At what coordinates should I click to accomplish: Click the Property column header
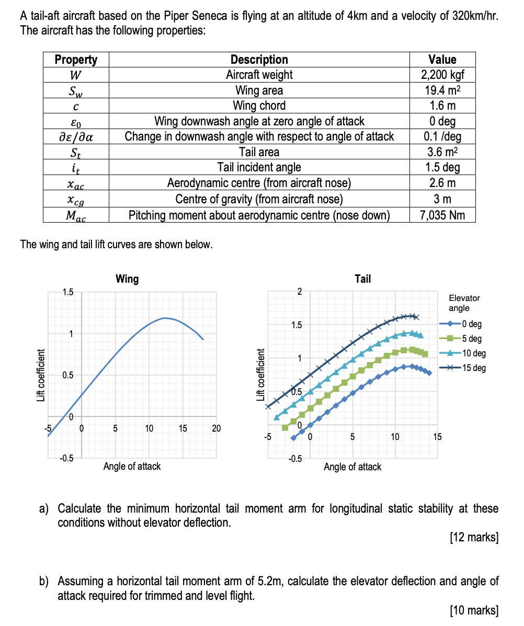point(76,60)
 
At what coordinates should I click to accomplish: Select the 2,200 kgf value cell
point(442,74)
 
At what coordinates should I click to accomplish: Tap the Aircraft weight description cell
point(259,74)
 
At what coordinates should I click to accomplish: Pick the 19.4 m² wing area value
point(442,90)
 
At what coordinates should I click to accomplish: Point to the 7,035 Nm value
point(442,215)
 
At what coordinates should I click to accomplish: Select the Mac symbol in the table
point(76,215)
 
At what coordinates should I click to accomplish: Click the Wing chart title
point(127,279)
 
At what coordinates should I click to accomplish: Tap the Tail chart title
point(362,279)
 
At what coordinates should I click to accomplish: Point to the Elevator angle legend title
point(464,303)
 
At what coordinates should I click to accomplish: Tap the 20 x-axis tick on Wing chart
point(217,428)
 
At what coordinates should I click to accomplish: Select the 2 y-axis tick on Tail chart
point(299,292)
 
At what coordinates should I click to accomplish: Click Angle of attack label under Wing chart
point(132,466)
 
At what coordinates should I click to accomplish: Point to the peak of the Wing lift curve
point(165,317)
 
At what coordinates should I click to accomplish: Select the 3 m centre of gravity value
point(442,199)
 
